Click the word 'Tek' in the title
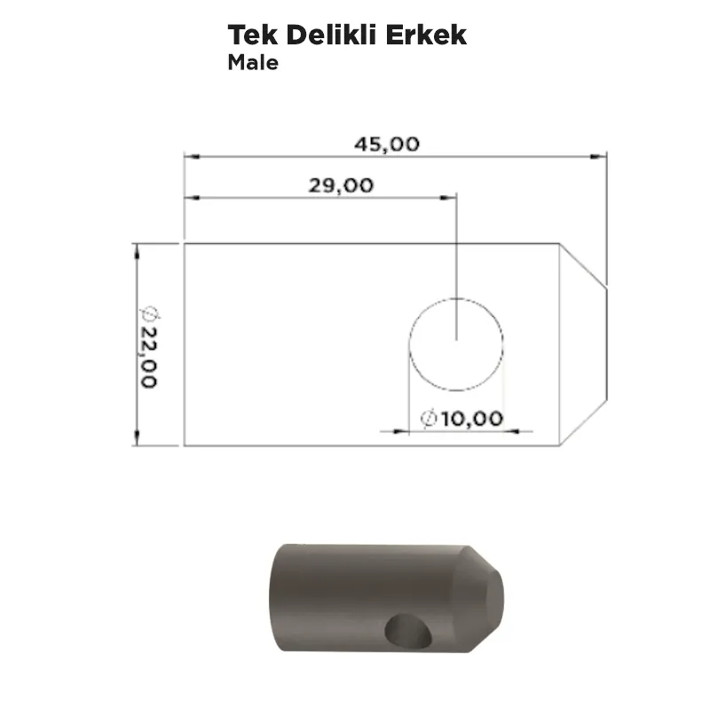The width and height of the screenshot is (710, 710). tap(253, 35)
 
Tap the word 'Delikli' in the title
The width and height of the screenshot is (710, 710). tap(331, 35)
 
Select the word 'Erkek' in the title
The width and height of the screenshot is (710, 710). tap(426, 35)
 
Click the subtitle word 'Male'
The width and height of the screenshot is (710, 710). tap(253, 62)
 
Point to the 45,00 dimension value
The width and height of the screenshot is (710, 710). tap(387, 145)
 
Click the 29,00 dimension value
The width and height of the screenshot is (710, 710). tap(341, 185)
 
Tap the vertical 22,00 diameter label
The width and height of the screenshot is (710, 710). tap(148, 357)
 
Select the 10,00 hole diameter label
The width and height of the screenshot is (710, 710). tap(472, 418)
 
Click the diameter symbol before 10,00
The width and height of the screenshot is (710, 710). tap(429, 418)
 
